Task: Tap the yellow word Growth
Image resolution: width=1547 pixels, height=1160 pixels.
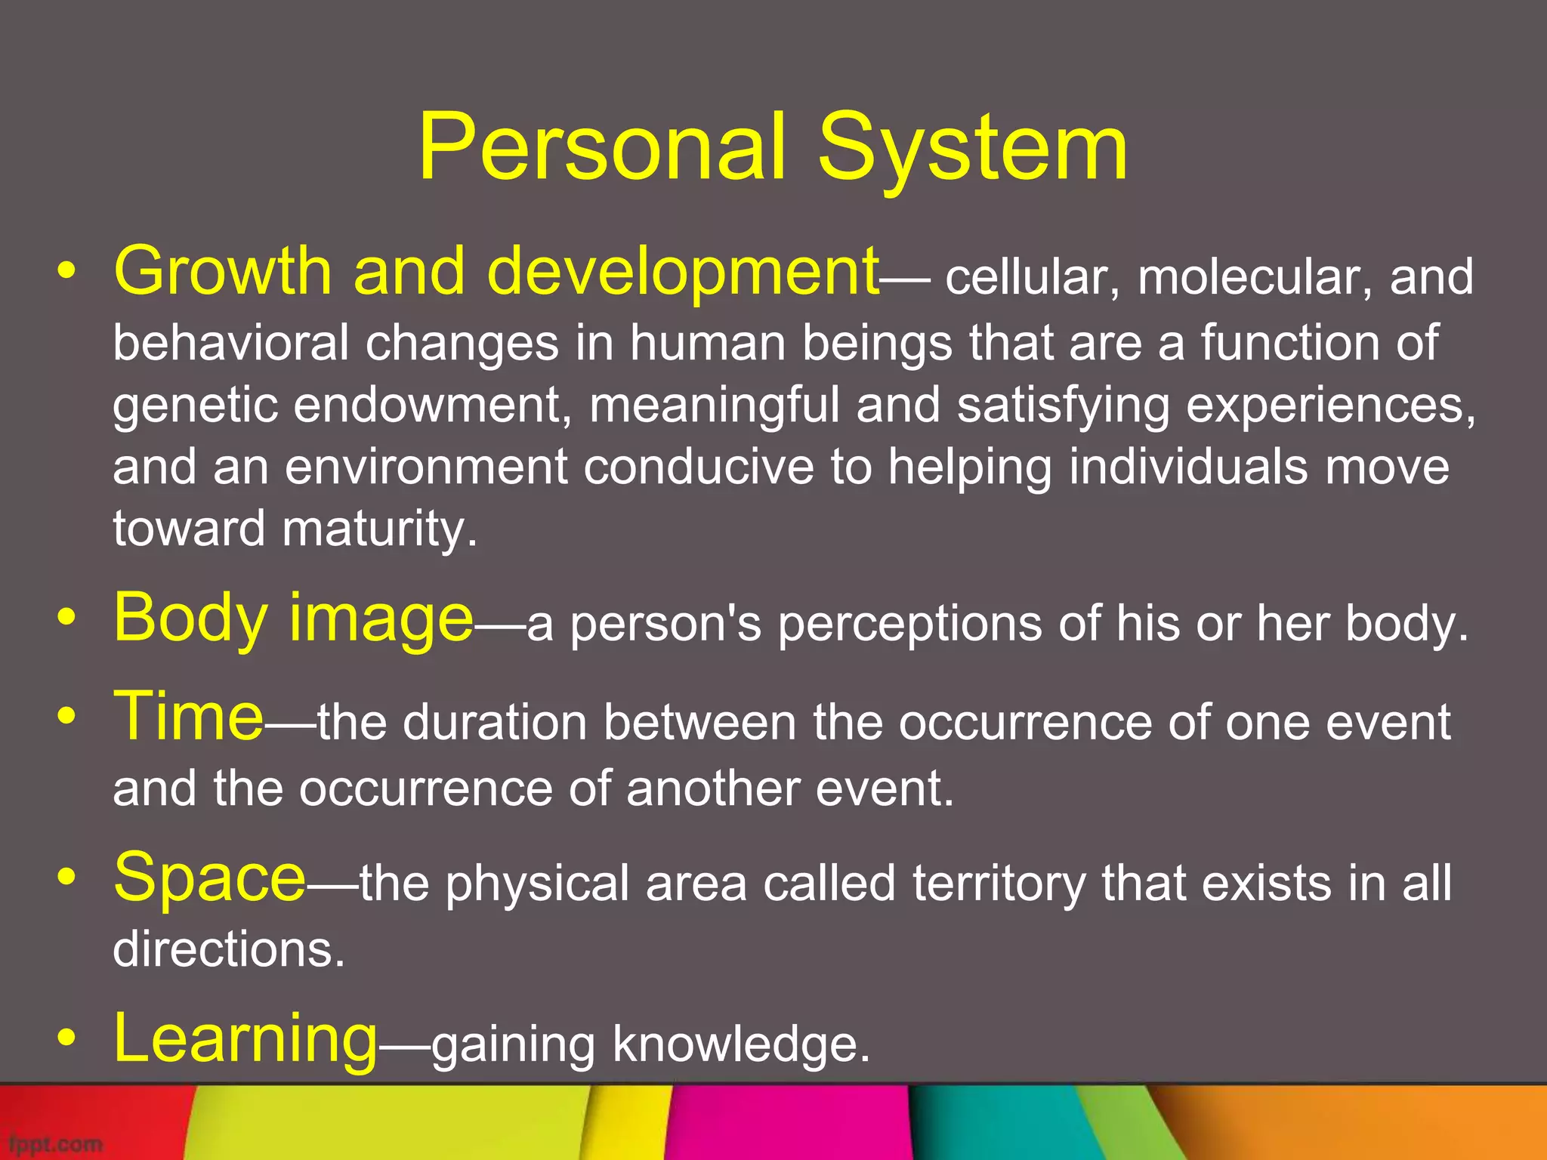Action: [x=222, y=272]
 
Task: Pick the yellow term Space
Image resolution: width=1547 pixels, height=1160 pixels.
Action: [x=209, y=878]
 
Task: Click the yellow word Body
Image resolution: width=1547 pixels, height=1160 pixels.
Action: [x=190, y=619]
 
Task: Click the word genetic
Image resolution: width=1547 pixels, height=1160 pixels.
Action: [x=194, y=406]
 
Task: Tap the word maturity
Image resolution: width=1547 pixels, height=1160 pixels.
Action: [x=379, y=529]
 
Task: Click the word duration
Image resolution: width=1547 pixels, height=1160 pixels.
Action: [x=495, y=723]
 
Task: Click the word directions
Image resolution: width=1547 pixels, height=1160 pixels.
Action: [x=228, y=949]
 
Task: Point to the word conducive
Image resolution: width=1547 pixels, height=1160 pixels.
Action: [x=699, y=467]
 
